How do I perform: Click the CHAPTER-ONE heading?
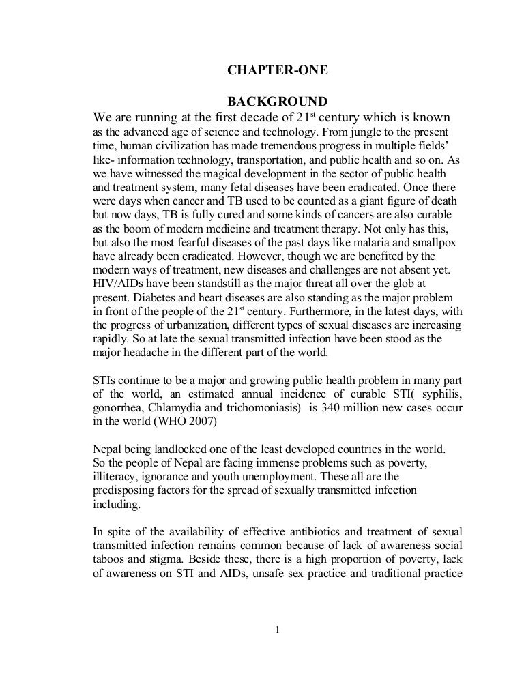[272, 70]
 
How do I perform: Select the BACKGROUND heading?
[272, 102]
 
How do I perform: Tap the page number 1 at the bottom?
[278, 630]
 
